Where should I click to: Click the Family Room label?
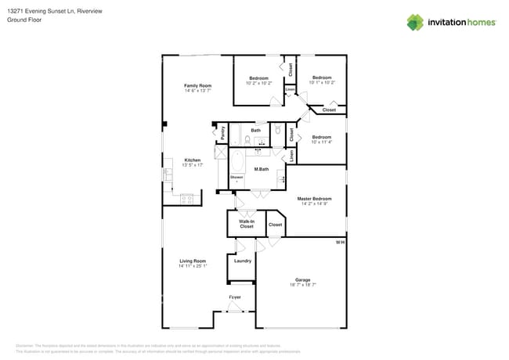pyautogui.click(x=197, y=85)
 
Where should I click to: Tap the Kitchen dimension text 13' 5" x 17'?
pyautogui.click(x=193, y=165)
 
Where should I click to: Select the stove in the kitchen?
pyautogui.click(x=187, y=199)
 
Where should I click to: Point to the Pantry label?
pyautogui.click(x=222, y=134)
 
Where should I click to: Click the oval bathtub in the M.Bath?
pyautogui.click(x=237, y=162)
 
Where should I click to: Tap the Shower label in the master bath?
pyautogui.click(x=236, y=177)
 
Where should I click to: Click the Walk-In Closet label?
pyautogui.click(x=246, y=224)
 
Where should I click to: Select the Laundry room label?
pyautogui.click(x=243, y=261)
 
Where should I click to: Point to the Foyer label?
pyautogui.click(x=234, y=298)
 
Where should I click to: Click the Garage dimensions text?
pyautogui.click(x=303, y=285)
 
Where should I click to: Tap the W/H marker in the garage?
pyautogui.click(x=340, y=243)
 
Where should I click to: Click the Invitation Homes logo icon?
pyautogui.click(x=414, y=22)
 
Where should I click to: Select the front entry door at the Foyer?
pyautogui.click(x=234, y=309)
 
